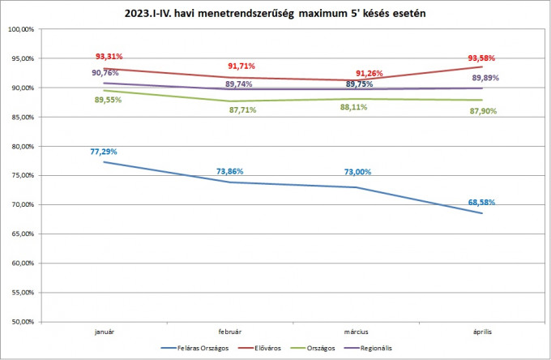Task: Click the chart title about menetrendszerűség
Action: click(276, 14)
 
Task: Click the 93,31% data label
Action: click(109, 57)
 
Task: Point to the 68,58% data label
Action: click(481, 202)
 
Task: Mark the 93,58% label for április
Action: click(481, 58)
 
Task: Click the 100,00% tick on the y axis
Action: click(20, 29)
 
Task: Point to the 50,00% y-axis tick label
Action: click(20, 322)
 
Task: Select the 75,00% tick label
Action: click(20, 175)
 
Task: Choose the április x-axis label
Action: click(481, 332)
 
